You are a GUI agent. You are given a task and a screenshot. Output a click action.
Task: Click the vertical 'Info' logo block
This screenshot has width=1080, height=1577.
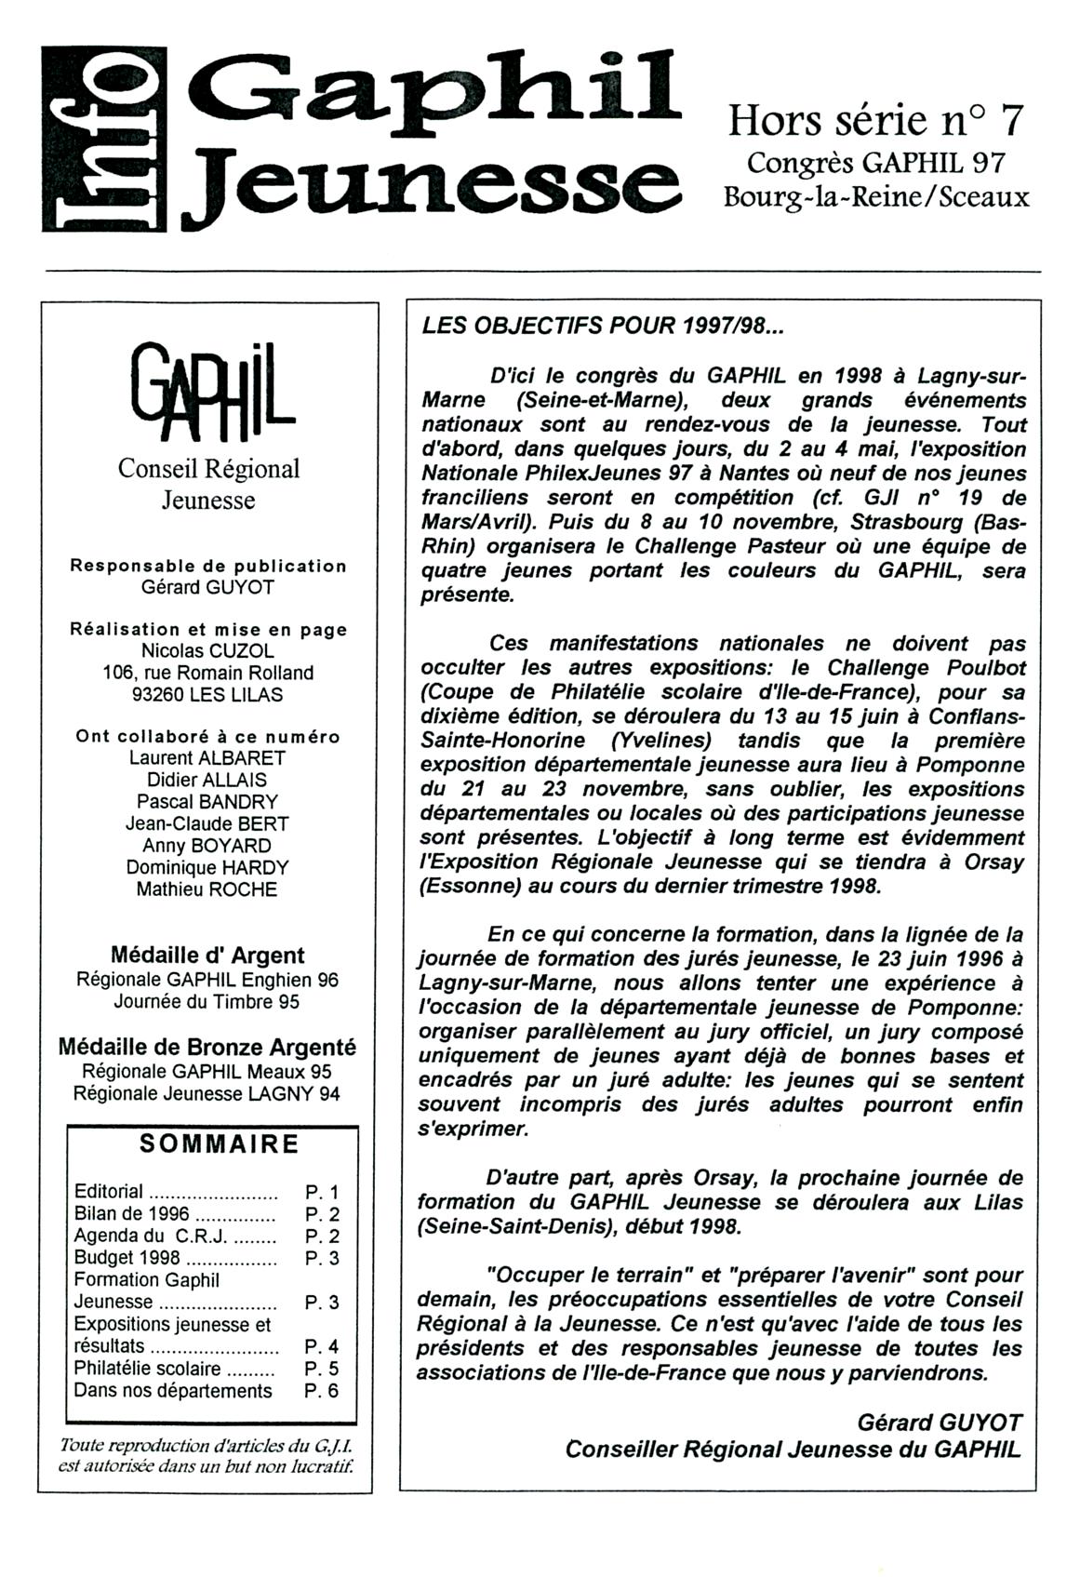click(x=104, y=139)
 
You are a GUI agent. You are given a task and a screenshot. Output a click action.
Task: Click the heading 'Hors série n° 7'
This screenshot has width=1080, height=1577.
click(x=874, y=121)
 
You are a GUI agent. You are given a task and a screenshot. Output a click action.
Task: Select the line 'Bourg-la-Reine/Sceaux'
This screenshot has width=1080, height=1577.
click(x=876, y=197)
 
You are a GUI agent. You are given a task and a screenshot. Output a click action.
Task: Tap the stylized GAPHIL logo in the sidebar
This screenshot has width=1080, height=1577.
click(x=211, y=393)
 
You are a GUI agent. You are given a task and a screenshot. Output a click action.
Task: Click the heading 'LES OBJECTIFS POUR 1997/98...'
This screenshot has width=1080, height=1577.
click(x=604, y=327)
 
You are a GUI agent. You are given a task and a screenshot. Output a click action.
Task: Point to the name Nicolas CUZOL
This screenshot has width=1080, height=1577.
click(x=207, y=650)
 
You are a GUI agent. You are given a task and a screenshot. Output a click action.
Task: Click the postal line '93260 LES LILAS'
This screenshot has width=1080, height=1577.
click(x=207, y=694)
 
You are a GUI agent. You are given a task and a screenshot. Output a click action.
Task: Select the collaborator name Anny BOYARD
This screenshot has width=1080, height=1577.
click(x=207, y=846)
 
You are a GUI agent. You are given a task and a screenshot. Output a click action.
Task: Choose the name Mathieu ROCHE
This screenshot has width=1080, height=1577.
click(x=207, y=889)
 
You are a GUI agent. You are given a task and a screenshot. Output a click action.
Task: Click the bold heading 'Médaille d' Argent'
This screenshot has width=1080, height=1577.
click(x=207, y=956)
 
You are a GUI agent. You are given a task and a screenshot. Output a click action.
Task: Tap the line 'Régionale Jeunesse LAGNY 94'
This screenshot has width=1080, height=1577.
click(x=207, y=1094)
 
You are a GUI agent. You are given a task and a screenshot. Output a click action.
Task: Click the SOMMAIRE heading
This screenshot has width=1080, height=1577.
click(x=220, y=1144)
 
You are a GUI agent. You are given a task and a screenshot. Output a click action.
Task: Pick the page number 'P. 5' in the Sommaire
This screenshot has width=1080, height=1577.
click(x=322, y=1370)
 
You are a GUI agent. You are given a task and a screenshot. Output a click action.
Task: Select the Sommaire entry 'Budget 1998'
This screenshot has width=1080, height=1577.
click(x=114, y=1258)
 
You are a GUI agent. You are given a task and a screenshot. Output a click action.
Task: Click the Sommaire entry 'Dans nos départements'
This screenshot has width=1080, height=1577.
click(x=173, y=1391)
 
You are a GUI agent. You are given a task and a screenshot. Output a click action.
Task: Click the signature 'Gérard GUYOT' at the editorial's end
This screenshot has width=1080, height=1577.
click(x=939, y=1423)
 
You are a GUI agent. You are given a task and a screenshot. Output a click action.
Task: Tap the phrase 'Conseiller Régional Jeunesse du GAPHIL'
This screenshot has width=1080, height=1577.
click(x=793, y=1450)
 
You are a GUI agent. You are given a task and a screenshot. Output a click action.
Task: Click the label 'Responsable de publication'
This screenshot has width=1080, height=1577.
click(x=208, y=566)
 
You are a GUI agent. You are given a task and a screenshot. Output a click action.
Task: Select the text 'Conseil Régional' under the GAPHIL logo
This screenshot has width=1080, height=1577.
click(x=208, y=469)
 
